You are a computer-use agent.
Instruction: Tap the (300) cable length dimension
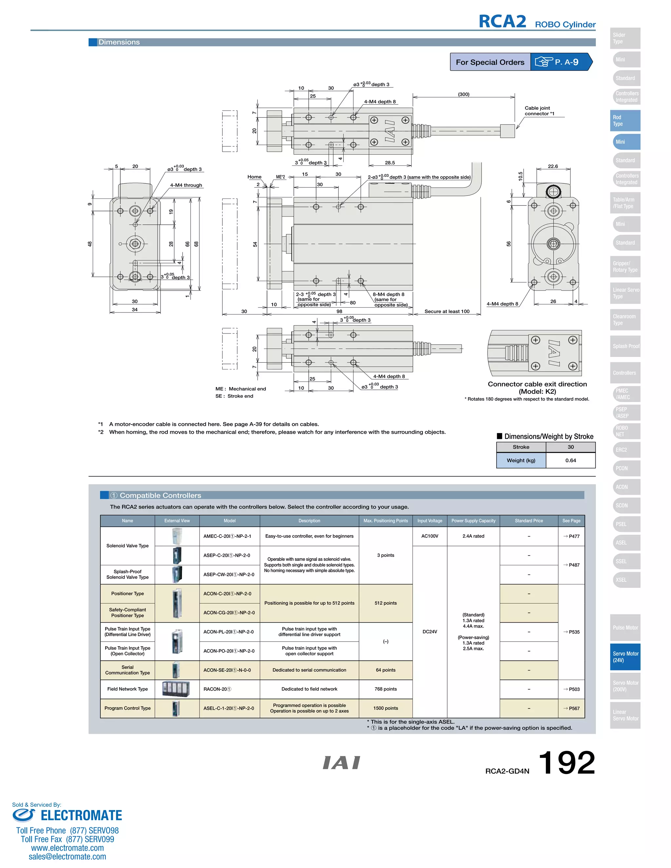click(464, 94)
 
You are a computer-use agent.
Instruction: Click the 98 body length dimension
click(339, 311)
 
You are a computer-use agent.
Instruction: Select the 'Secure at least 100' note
click(447, 311)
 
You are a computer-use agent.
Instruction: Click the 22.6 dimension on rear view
click(552, 166)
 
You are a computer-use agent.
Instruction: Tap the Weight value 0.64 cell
click(570, 460)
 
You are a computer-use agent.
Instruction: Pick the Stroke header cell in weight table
click(521, 447)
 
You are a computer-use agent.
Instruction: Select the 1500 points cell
click(386, 708)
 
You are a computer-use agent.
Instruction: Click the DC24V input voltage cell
click(430, 632)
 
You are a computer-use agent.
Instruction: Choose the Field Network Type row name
click(127, 689)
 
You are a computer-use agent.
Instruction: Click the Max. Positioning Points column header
click(385, 521)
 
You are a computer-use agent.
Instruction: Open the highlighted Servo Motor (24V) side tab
click(625, 656)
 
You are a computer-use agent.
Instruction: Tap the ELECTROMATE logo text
click(81, 816)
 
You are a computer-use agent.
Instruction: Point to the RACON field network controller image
click(176, 689)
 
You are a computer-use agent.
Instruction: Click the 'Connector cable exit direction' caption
click(537, 384)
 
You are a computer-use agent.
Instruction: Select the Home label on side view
click(254, 177)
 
